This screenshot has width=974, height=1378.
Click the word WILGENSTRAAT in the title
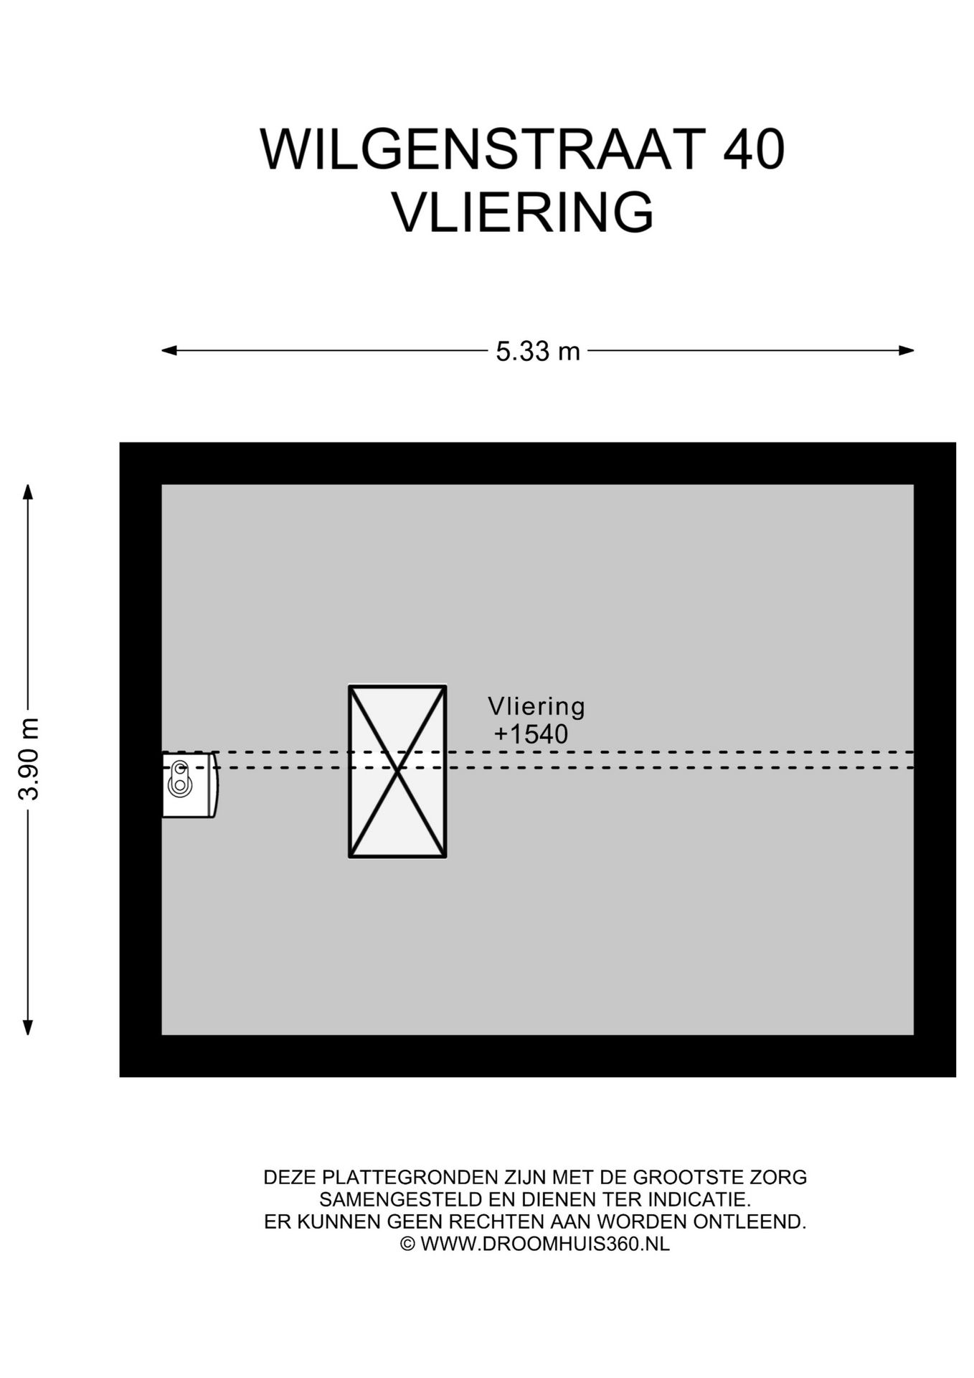pos(479,150)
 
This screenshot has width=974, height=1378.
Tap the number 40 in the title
pos(753,150)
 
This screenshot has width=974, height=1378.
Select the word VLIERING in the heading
pos(523,212)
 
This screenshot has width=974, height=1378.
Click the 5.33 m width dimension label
pos(538,352)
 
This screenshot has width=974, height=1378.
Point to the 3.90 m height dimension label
pos(29,759)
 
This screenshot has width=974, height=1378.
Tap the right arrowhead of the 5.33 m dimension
pos(907,351)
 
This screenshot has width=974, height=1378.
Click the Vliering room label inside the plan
pos(536,706)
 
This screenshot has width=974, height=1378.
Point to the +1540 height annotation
pos(531,734)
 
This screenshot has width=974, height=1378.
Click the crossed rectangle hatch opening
pos(398,772)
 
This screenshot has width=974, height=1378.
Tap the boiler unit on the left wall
pos(189,785)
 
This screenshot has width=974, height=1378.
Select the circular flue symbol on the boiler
pos(179,778)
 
